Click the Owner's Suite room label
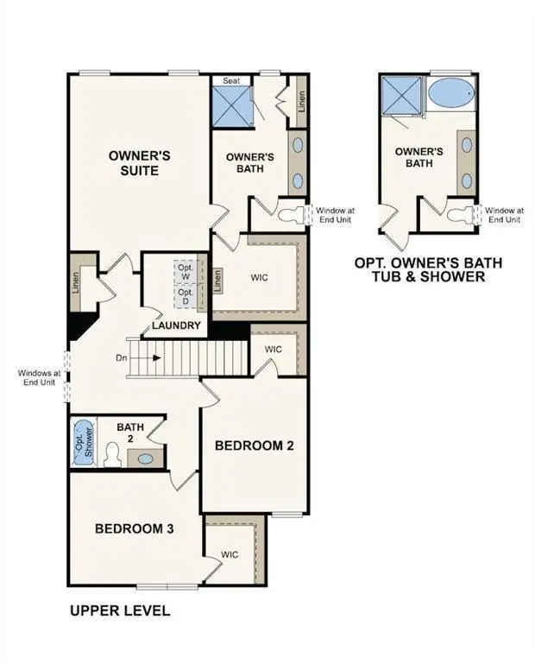click(139, 163)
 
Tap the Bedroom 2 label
click(255, 446)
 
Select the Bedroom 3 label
click(135, 528)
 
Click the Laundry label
click(176, 325)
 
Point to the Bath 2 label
click(131, 433)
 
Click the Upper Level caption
click(119, 611)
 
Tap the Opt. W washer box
click(186, 271)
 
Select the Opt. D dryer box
click(186, 296)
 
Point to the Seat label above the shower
click(231, 81)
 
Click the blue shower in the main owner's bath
click(231, 106)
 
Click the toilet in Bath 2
click(111, 454)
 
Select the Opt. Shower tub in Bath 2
click(83, 442)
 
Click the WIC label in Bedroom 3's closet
click(230, 555)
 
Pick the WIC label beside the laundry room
click(261, 278)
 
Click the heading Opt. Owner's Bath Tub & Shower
click(429, 269)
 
